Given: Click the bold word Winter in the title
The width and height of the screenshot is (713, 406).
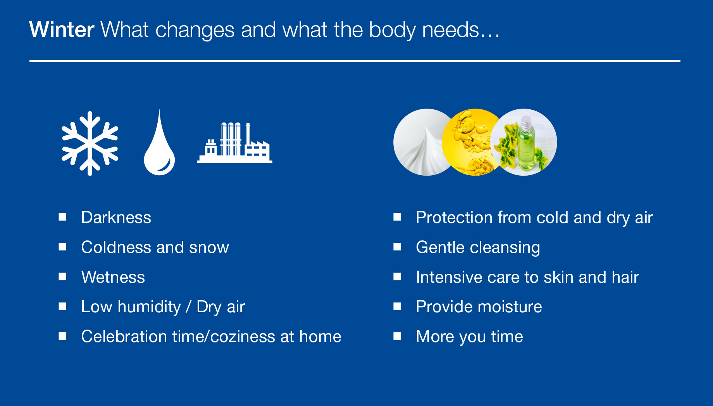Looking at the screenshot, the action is click(62, 30).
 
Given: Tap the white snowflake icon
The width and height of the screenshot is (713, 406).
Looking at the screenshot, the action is click(90, 143).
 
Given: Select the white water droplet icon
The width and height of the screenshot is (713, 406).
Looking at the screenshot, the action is click(159, 142).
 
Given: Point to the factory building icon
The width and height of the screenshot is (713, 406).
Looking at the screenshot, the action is click(234, 142).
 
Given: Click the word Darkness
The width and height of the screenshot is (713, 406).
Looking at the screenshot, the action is click(116, 218).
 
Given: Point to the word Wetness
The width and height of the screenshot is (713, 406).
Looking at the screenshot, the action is click(113, 277).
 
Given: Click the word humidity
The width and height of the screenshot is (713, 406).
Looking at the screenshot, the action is click(149, 307).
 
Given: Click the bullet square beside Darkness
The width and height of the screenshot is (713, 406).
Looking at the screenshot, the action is click(62, 217).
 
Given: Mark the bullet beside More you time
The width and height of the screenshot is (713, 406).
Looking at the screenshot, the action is click(397, 336).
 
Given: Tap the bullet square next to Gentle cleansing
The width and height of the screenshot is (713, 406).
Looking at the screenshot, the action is click(397, 247).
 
